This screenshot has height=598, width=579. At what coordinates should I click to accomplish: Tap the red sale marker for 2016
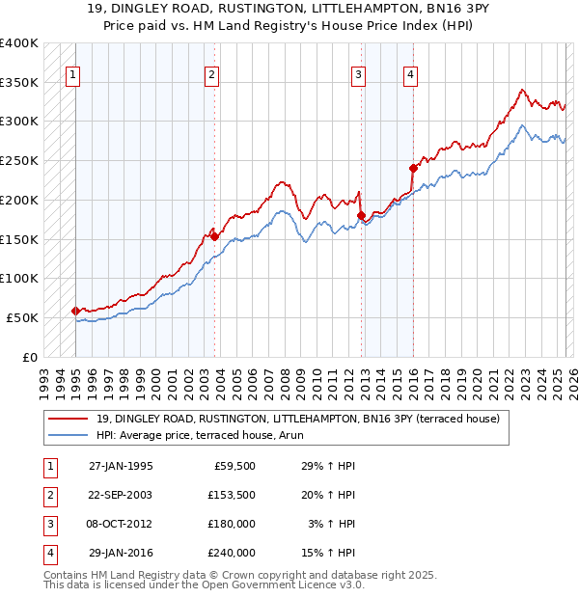pos(413,168)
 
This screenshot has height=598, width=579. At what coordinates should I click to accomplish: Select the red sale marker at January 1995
pos(75,311)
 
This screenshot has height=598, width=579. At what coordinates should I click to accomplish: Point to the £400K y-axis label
pos(19,43)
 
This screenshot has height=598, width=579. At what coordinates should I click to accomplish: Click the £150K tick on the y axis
pos(19,239)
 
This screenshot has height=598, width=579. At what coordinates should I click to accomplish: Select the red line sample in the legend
pos(69,419)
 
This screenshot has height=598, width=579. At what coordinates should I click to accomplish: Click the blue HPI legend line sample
pos(69,435)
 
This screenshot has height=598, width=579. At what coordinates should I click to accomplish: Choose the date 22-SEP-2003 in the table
pos(121,495)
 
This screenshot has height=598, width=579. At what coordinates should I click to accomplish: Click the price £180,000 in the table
pos(232,524)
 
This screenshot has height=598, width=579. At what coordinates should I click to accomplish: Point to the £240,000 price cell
pos(232,553)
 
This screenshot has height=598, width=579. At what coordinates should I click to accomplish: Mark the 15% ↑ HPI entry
pos(328,553)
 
